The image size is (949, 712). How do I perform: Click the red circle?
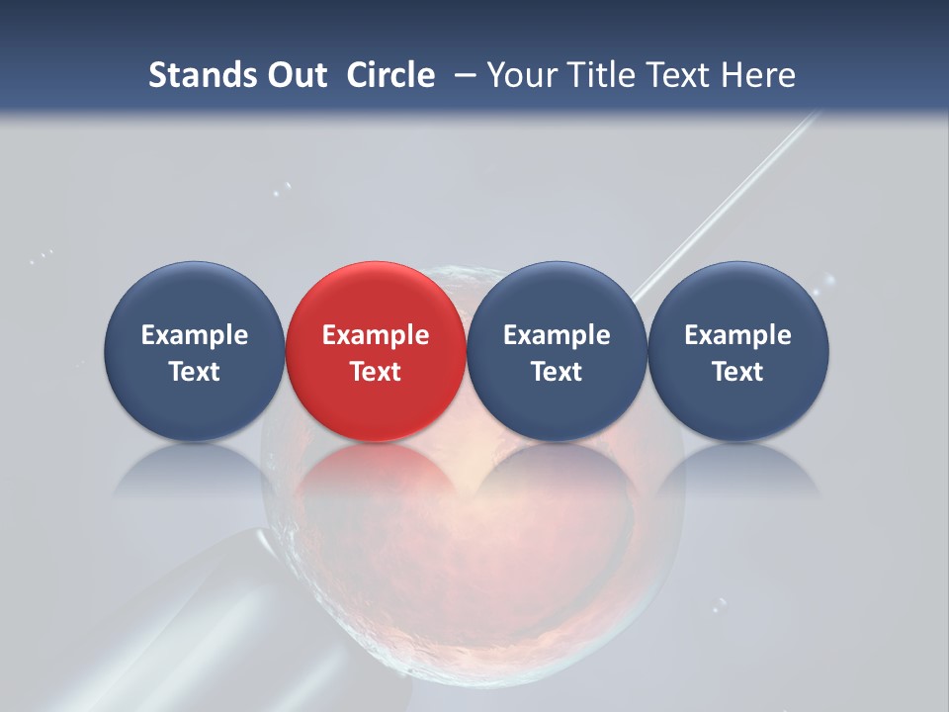(376, 351)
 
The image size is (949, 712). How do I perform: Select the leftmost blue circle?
(194, 351)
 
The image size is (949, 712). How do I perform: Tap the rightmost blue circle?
(738, 351)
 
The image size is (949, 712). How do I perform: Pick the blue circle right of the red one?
(557, 351)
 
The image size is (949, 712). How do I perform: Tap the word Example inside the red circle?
(376, 335)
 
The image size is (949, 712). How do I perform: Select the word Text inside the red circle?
(376, 372)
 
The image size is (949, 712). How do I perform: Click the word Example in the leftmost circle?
(194, 335)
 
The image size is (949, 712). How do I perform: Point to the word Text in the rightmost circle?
(738, 372)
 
